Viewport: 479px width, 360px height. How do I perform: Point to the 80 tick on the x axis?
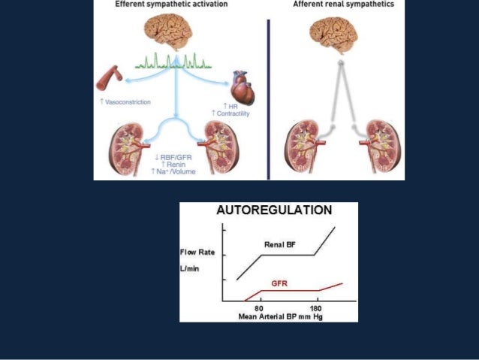259,308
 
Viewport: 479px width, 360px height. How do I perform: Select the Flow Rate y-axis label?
197,252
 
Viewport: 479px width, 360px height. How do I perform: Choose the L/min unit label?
191,268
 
